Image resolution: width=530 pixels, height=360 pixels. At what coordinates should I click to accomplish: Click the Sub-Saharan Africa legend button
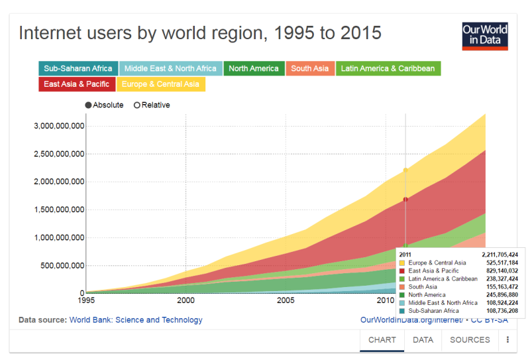[x=78, y=68]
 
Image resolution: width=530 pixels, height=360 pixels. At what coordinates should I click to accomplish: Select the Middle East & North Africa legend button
[x=170, y=68]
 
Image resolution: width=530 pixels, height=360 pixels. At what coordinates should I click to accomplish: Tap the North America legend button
[x=254, y=68]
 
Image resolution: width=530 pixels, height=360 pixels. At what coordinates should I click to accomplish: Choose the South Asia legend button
[x=310, y=68]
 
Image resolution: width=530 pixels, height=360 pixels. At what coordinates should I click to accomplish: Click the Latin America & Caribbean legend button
[x=388, y=68]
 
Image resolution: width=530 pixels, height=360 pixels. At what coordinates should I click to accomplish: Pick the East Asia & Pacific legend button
[x=76, y=84]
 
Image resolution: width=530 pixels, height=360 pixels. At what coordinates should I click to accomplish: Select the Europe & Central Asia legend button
[x=160, y=84]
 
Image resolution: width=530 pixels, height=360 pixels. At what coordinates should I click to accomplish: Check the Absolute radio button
[x=88, y=105]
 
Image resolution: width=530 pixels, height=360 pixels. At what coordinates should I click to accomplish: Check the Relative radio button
[x=137, y=105]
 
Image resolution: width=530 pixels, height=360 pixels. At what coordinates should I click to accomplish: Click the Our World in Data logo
[x=485, y=36]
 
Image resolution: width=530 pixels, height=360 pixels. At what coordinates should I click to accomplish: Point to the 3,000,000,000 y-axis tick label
[x=59, y=126]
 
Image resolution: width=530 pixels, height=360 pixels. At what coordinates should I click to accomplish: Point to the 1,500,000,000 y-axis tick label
[x=59, y=210]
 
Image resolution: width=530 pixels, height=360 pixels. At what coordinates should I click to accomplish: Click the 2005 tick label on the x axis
[x=286, y=300]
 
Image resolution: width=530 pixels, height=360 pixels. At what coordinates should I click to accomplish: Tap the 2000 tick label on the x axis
[x=186, y=300]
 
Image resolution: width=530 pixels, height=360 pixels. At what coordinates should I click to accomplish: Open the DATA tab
[x=423, y=340]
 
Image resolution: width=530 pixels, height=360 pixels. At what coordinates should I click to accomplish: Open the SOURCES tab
[x=470, y=340]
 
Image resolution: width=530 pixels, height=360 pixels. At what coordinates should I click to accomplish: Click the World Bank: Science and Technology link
[x=136, y=320]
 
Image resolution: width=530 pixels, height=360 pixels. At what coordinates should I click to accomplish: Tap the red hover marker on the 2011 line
[x=405, y=199]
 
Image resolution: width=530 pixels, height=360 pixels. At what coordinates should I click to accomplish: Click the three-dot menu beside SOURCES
[x=508, y=340]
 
